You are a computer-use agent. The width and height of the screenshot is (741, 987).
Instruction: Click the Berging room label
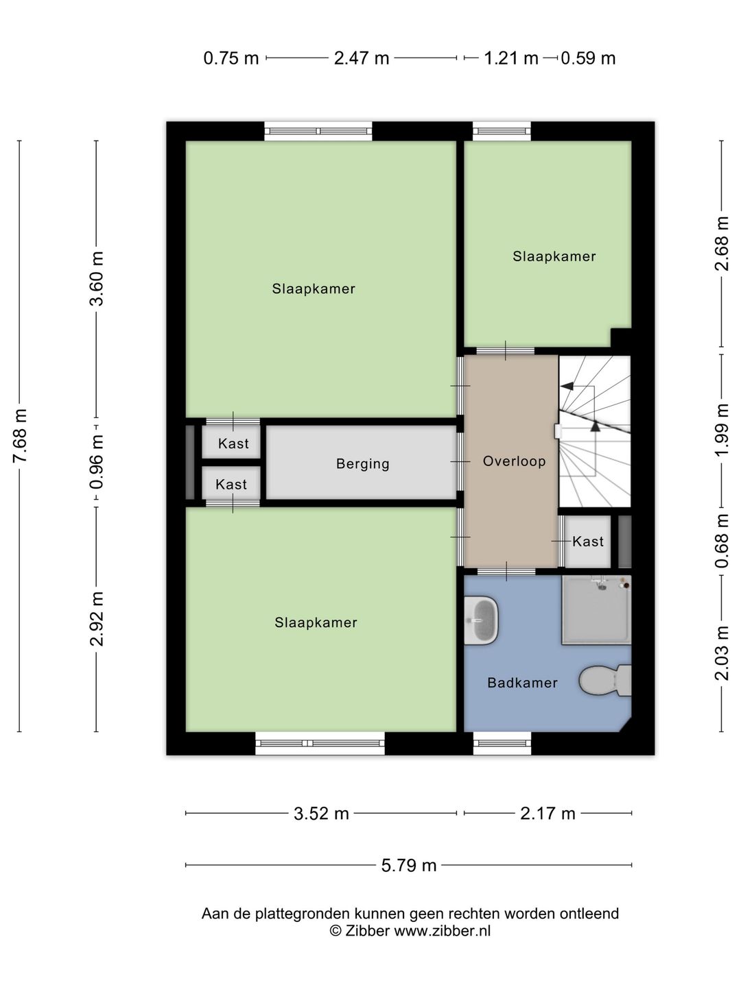coord(363,463)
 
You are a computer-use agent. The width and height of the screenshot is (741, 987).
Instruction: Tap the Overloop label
coord(515,461)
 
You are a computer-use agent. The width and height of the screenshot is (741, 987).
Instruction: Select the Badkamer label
coord(522,683)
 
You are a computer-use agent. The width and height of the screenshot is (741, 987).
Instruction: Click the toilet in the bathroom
coord(605,680)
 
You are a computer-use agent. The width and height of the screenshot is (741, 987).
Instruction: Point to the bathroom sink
coord(481,620)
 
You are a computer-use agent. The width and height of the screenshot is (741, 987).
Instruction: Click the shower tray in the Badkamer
coord(597,610)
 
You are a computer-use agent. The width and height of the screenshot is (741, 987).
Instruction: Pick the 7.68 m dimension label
coord(21,436)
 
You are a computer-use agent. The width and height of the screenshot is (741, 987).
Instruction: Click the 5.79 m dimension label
coord(408,865)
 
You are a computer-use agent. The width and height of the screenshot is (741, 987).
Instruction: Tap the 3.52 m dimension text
coord(321,814)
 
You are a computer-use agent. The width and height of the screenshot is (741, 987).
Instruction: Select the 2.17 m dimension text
coord(548,814)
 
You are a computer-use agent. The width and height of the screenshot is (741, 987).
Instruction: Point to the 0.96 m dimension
coord(97,462)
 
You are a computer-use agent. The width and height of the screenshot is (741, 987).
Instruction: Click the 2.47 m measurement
coord(362,58)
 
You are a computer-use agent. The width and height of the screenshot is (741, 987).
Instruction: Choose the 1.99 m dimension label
coord(722,430)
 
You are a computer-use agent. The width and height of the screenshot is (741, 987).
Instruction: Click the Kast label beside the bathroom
coord(588,541)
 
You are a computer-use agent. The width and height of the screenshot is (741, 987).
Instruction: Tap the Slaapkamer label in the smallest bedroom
coord(554,256)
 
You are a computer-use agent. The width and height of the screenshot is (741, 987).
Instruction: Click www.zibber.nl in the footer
coord(443,931)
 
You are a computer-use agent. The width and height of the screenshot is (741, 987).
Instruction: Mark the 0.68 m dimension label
coord(722,541)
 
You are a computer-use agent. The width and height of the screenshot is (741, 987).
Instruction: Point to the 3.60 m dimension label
coord(97,279)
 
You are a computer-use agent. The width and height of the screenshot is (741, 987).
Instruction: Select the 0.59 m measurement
coord(588,58)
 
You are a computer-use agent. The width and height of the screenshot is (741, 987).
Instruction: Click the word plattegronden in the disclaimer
coord(303,914)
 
